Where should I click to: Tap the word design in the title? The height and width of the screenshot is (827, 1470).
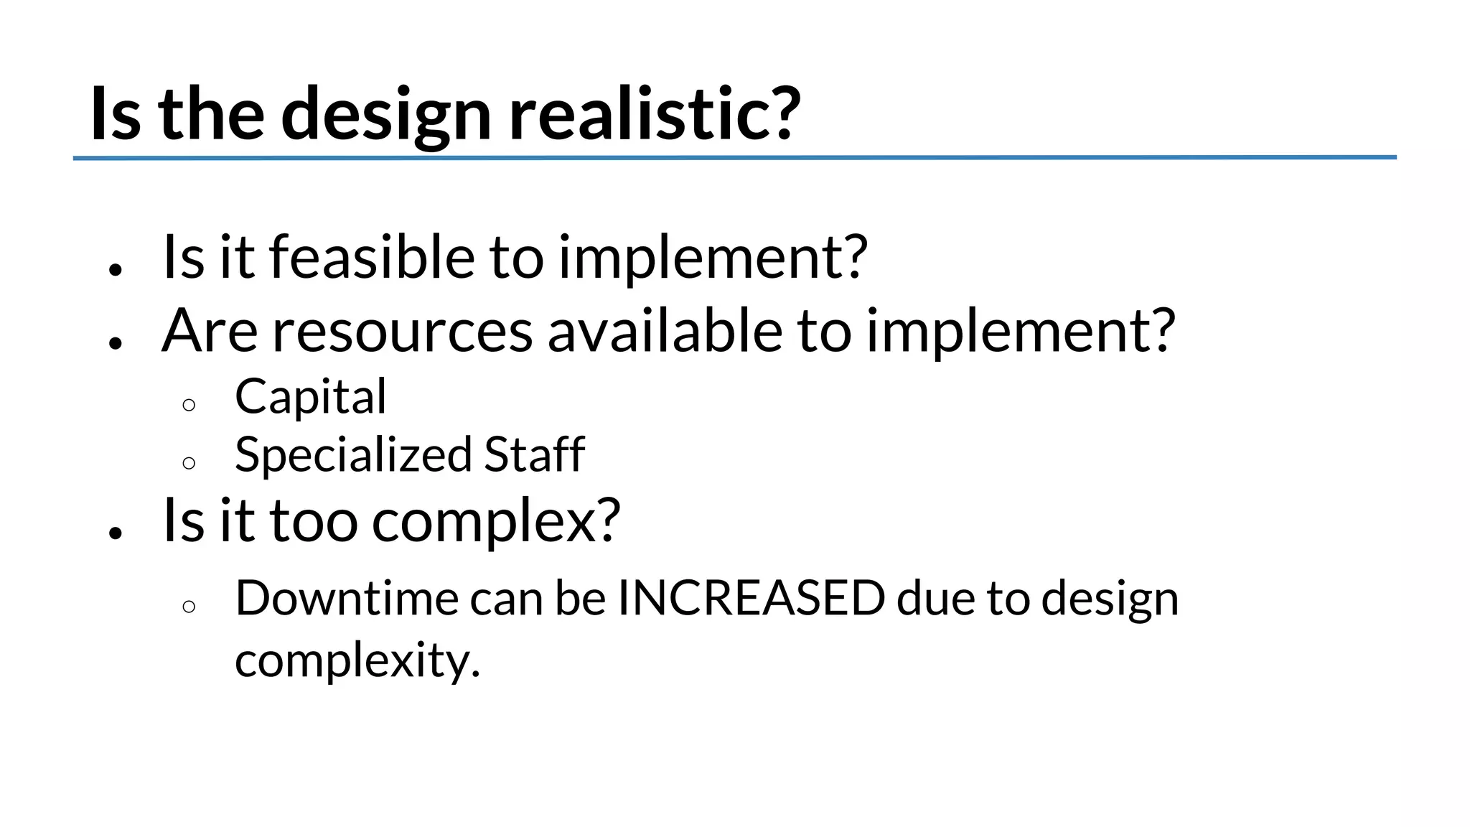click(x=386, y=115)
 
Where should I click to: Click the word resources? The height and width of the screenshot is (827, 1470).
click(x=402, y=331)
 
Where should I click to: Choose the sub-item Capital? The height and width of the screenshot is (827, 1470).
click(x=310, y=396)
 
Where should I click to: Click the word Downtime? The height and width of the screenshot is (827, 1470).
click(x=347, y=598)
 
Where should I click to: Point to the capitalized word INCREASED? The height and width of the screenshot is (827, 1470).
click(x=751, y=598)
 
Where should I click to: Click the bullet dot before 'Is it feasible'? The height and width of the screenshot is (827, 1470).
click(x=116, y=270)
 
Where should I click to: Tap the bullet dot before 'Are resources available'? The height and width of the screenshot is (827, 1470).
click(x=116, y=343)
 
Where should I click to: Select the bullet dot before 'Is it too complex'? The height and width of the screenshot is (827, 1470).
click(x=116, y=533)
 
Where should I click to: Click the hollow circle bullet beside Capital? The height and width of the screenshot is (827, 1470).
click(x=189, y=405)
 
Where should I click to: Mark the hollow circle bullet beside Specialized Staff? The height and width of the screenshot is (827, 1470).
click(x=189, y=463)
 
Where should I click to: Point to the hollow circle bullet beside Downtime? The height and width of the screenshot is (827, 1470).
click(x=189, y=607)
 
